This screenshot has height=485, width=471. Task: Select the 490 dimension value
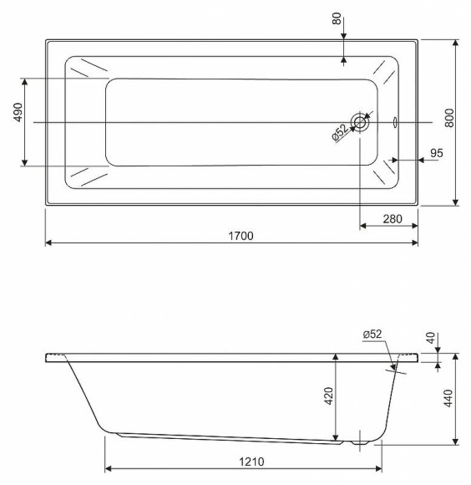pyautogui.click(x=18, y=119)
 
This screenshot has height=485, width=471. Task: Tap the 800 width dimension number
pyautogui.click(x=449, y=119)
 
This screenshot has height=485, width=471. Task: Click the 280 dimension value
pyautogui.click(x=392, y=219)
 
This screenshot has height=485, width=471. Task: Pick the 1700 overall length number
pyautogui.click(x=240, y=236)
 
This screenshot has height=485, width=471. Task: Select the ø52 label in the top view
pyautogui.click(x=341, y=133)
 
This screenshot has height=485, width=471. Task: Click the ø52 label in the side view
pyautogui.click(x=372, y=335)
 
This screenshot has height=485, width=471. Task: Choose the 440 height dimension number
pyautogui.click(x=448, y=398)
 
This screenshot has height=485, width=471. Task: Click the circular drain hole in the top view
pyautogui.click(x=360, y=123)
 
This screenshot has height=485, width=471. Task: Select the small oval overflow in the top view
pyautogui.click(x=395, y=122)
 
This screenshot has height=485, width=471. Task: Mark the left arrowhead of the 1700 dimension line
pyautogui.click(x=48, y=242)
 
